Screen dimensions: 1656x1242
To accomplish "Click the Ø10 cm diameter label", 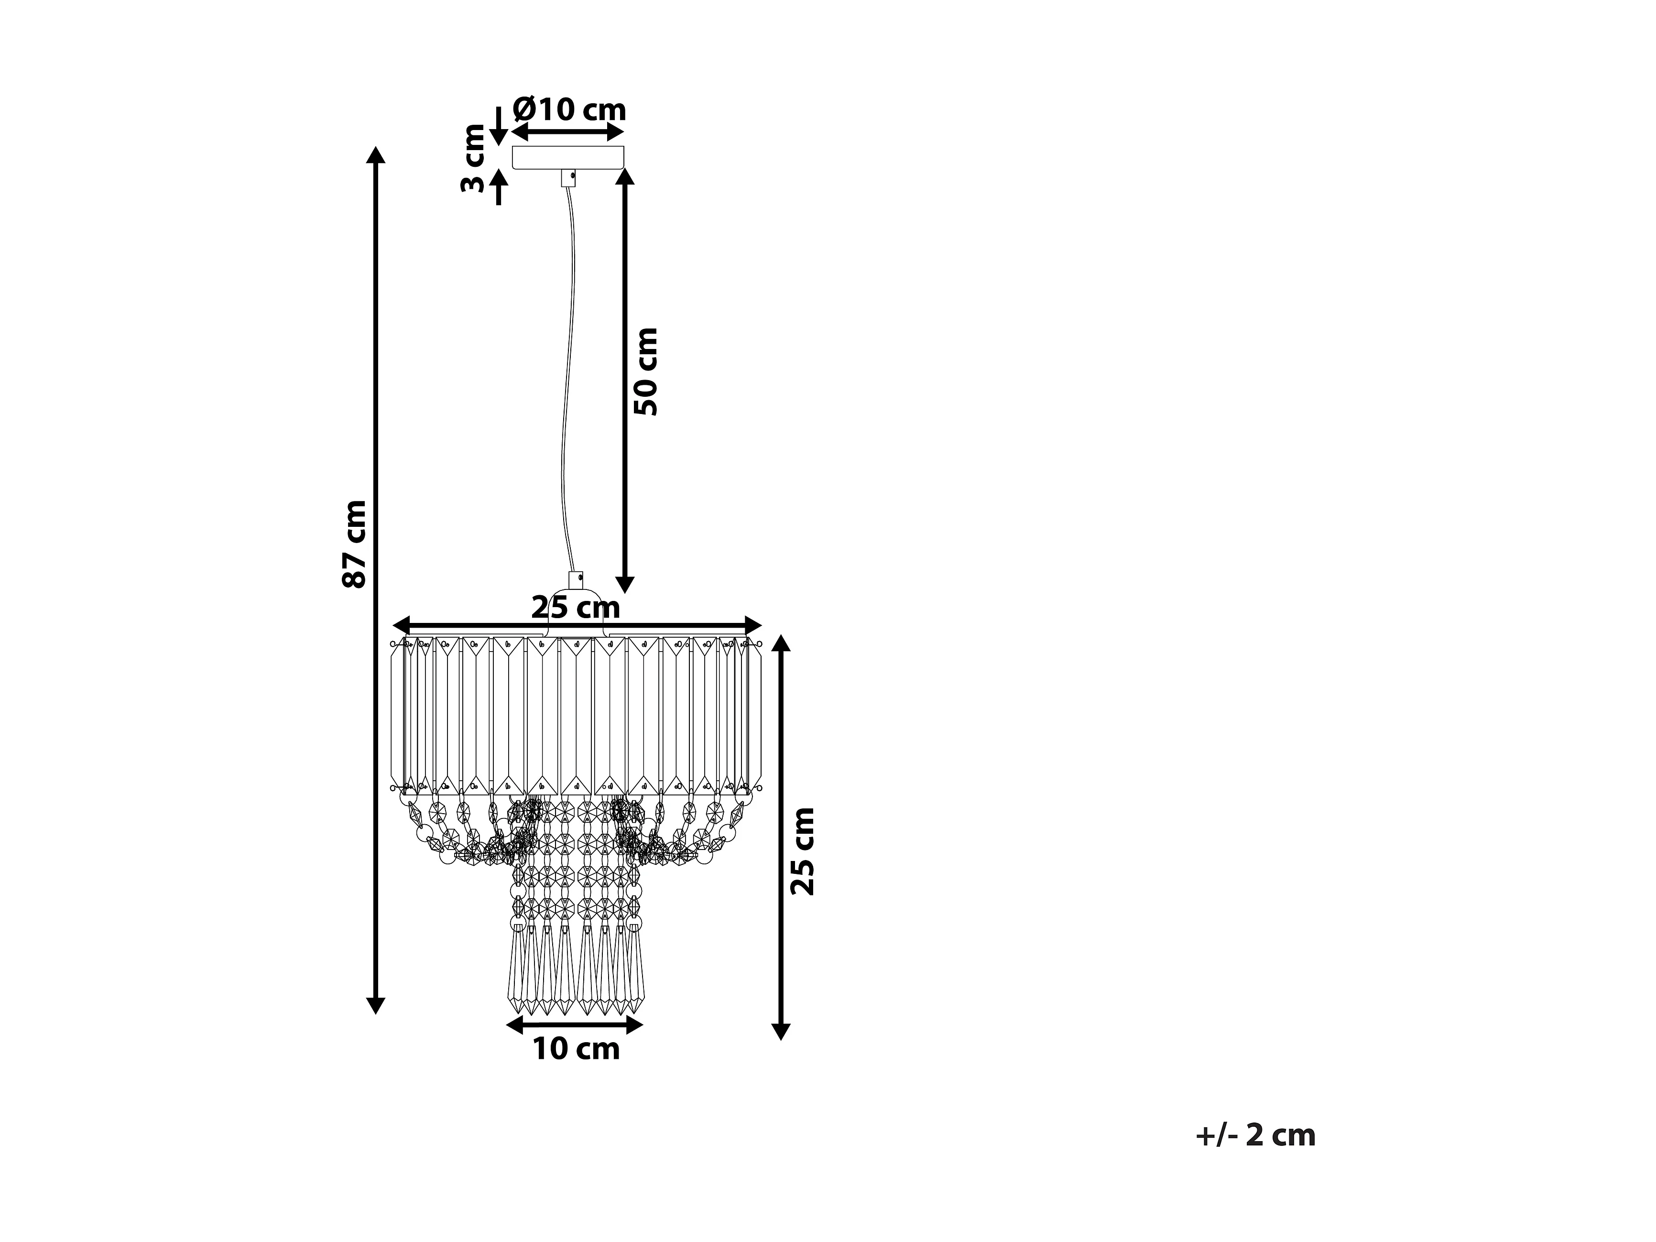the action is pyautogui.click(x=569, y=110).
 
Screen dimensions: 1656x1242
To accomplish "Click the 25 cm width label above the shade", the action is pyautogui.click(x=576, y=607).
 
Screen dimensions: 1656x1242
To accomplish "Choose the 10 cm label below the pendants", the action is pyautogui.click(x=576, y=1049).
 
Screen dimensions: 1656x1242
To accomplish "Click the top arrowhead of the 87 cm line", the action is pyautogui.click(x=376, y=156).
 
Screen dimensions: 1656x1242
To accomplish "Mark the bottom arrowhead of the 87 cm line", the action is pyautogui.click(x=376, y=1005).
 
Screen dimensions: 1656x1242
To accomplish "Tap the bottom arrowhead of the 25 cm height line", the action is pyautogui.click(x=781, y=1031).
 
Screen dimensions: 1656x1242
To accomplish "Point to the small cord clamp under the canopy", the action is pyautogui.click(x=569, y=178).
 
